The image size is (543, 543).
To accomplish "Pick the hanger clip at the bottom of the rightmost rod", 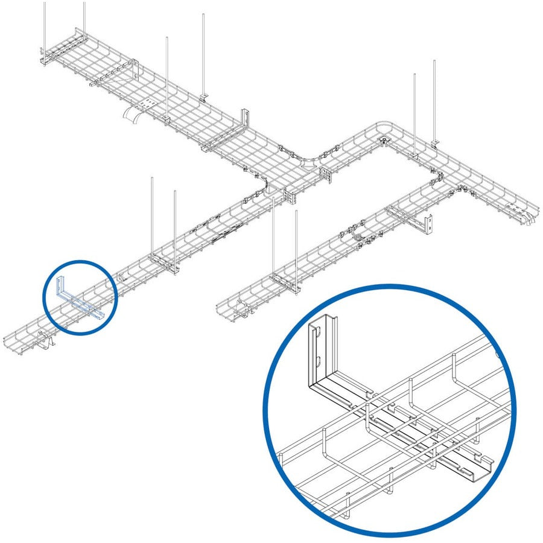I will [435, 142].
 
